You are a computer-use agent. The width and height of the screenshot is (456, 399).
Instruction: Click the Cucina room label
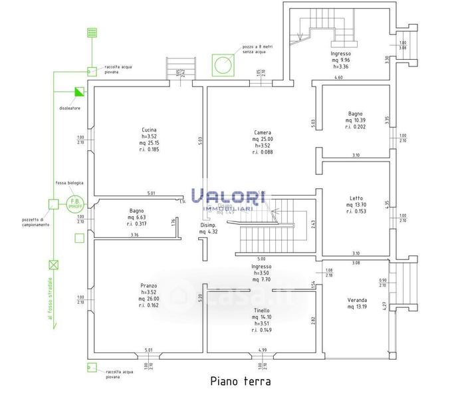tap(149, 130)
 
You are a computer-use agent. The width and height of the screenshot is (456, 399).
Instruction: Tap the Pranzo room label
tap(149, 285)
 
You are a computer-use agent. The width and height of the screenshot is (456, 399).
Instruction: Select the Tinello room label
tap(261, 311)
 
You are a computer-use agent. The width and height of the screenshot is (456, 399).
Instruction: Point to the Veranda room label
tap(356, 300)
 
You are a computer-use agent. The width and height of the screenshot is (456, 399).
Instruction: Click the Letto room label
tap(356, 198)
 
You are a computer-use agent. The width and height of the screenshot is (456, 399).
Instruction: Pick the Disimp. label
tap(213, 224)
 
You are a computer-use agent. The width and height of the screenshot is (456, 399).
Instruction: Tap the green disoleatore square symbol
tap(80, 92)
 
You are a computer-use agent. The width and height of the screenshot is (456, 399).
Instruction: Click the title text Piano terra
tap(240, 382)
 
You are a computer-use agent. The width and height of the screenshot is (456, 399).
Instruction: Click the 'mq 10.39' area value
tap(356, 120)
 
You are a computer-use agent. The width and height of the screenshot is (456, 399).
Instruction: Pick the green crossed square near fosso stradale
tap(53, 263)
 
